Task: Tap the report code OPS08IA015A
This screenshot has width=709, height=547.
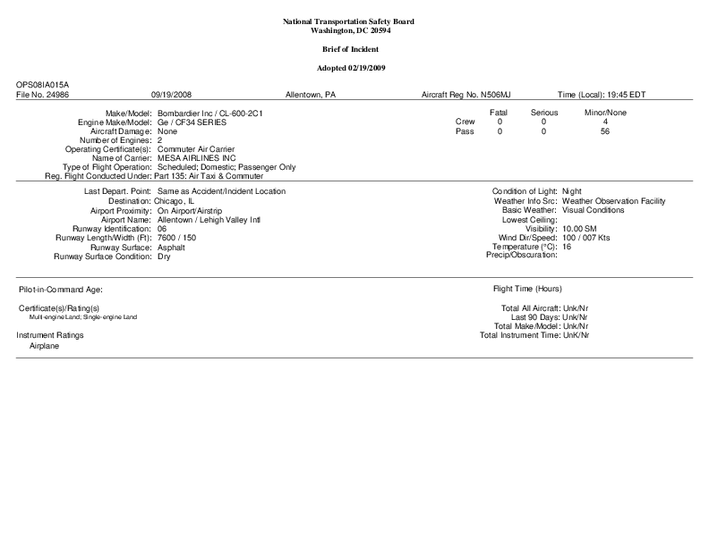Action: tap(43, 85)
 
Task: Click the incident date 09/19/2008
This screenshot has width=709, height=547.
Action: tap(172, 94)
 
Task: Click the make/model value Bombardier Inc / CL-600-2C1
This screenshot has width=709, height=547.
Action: tap(209, 114)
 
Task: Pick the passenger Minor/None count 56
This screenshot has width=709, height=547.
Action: tap(605, 131)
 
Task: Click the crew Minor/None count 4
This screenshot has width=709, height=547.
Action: tap(605, 122)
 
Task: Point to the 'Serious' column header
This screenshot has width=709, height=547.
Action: tap(543, 113)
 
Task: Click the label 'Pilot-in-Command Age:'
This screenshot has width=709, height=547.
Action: tap(61, 290)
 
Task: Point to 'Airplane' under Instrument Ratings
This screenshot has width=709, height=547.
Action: tap(45, 345)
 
